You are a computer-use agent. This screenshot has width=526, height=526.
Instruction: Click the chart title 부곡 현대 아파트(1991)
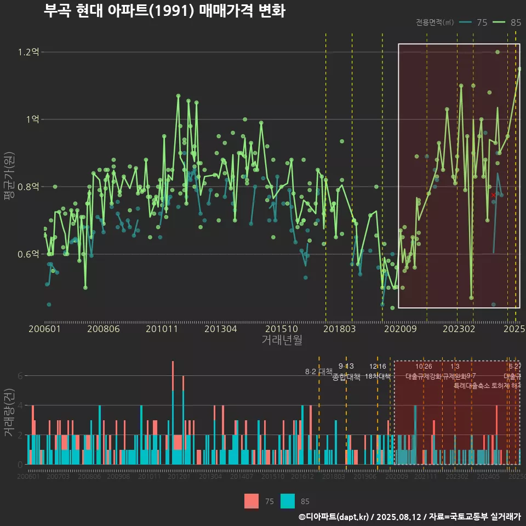(164, 12)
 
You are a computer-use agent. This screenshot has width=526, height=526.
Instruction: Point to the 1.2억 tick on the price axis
(28, 53)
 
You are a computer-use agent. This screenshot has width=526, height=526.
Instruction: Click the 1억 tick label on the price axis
(31, 119)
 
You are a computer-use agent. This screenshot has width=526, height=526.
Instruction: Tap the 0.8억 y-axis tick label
(28, 187)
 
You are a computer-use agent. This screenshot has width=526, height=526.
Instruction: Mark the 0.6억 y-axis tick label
(28, 254)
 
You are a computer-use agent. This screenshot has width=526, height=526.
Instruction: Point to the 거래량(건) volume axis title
(9, 413)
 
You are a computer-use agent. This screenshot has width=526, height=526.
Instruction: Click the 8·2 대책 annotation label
(318, 371)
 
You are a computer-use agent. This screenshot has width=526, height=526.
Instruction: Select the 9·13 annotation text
(346, 366)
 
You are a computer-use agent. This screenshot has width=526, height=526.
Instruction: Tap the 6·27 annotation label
(514, 367)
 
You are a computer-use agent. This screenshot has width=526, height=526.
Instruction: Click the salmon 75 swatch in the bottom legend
(251, 501)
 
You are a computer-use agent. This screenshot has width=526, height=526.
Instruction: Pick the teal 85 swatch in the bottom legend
(287, 501)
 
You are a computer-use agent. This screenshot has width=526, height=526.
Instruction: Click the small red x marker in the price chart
(493, 195)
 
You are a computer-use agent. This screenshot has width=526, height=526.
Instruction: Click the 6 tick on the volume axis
(20, 376)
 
